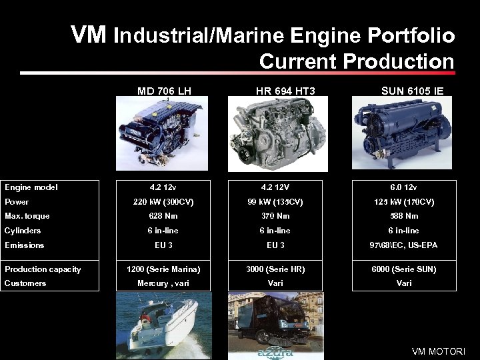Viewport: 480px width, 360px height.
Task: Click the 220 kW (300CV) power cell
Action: [164, 201]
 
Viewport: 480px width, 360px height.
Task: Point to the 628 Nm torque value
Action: [164, 216]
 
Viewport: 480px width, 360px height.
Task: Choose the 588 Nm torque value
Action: [404, 216]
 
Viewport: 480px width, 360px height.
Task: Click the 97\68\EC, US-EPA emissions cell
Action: [404, 245]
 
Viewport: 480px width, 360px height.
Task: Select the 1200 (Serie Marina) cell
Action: [164, 269]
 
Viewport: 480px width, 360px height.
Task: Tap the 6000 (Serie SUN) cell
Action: [404, 269]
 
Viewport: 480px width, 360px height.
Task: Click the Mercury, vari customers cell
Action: [164, 283]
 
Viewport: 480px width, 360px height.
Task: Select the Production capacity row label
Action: [43, 269]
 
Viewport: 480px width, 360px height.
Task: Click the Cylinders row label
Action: [23, 231]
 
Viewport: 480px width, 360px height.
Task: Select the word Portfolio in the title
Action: [410, 35]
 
